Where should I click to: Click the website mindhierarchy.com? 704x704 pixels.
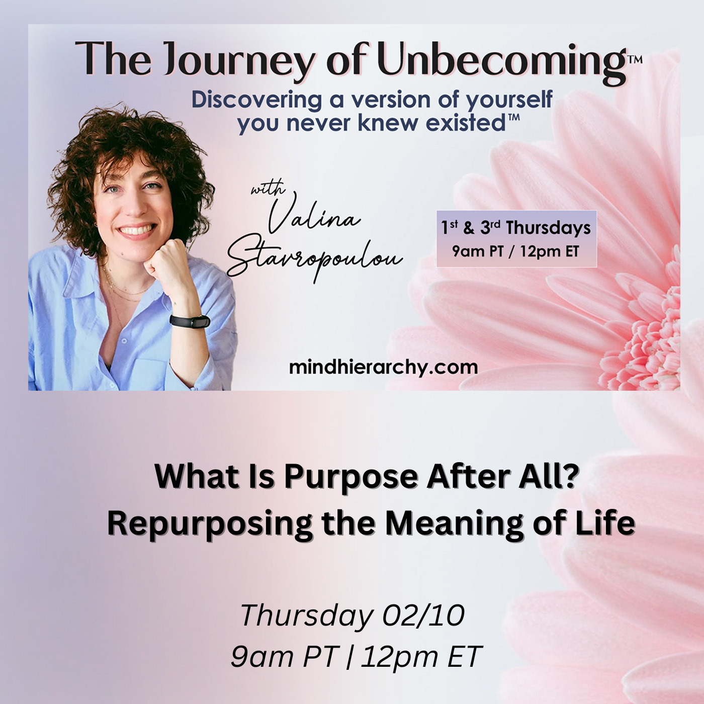click(x=383, y=367)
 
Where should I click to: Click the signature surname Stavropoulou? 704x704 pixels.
click(x=314, y=259)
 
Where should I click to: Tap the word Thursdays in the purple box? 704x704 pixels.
click(x=548, y=228)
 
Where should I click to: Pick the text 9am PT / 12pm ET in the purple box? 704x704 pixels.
click(x=515, y=251)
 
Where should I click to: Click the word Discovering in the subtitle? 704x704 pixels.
click(x=256, y=100)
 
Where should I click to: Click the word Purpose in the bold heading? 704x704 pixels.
click(x=350, y=476)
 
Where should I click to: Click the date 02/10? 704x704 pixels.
click(x=423, y=615)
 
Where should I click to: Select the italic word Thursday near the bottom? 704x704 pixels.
click(x=306, y=615)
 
